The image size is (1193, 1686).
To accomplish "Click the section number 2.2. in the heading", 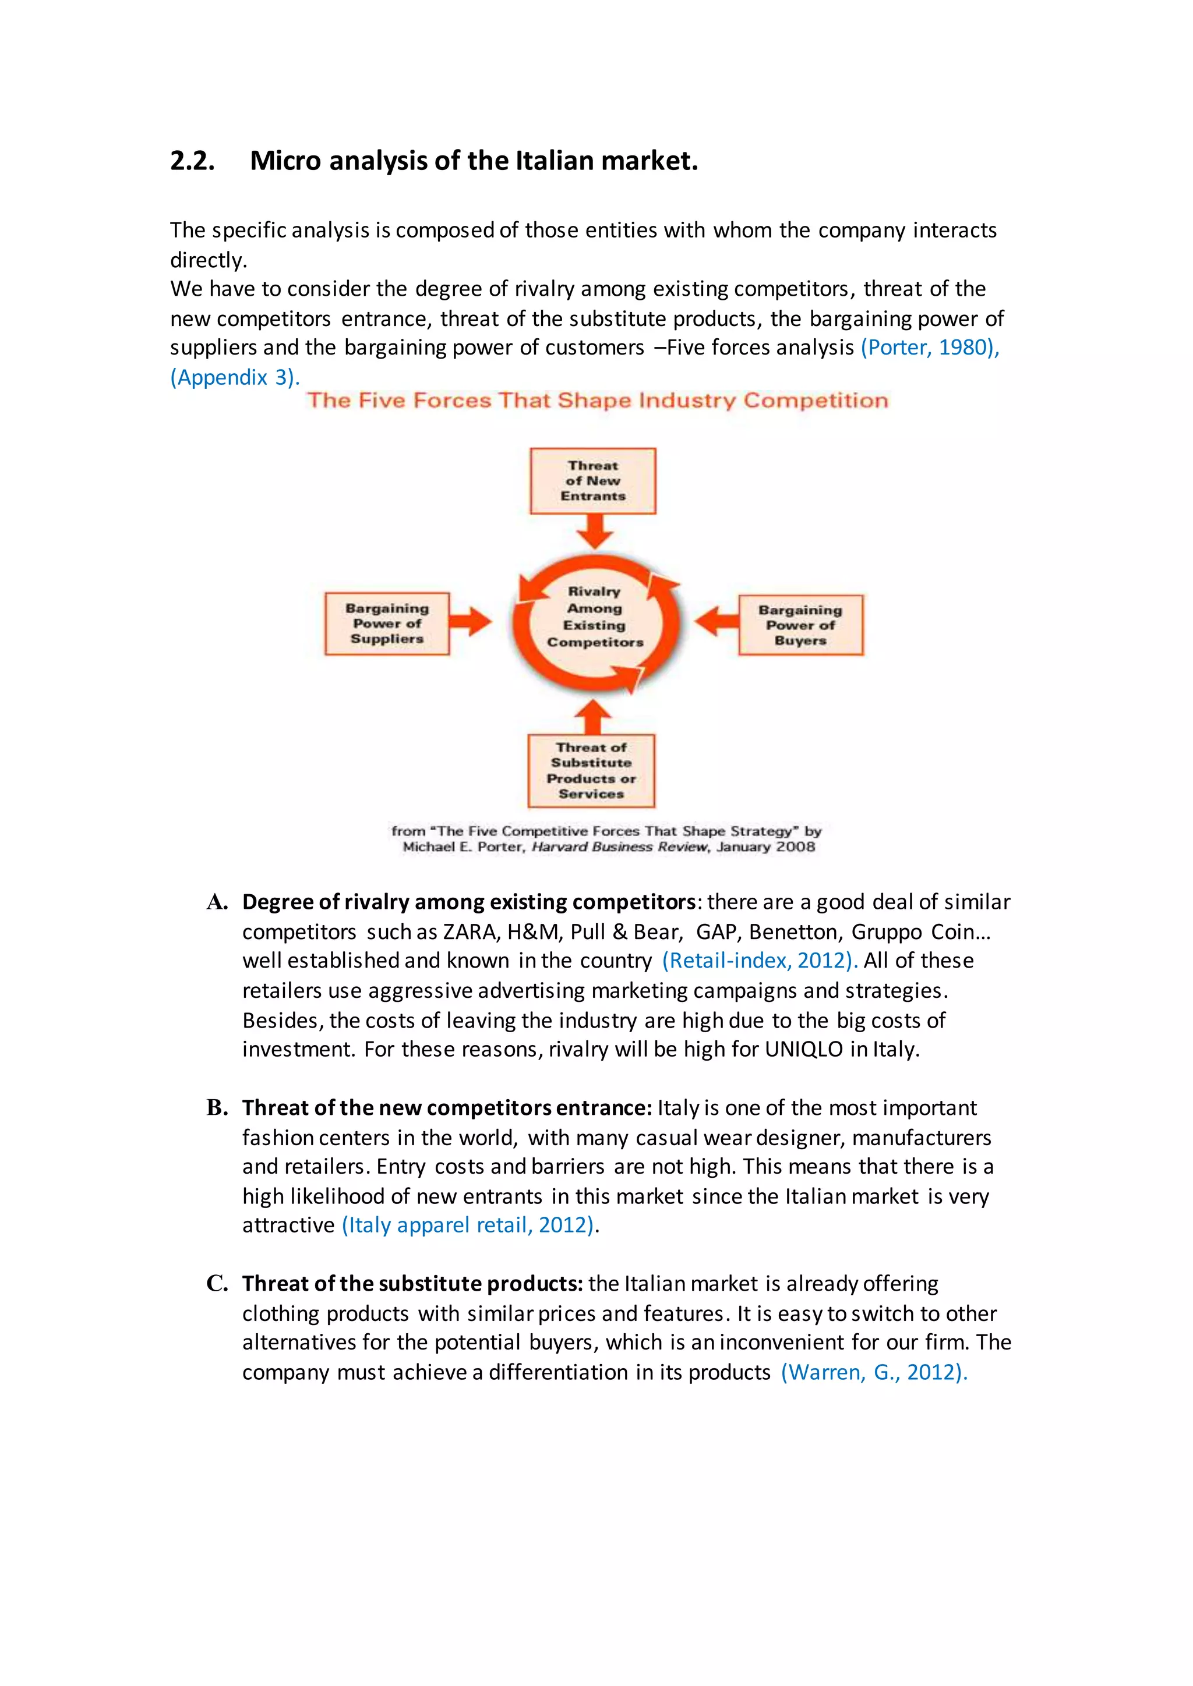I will click(192, 161).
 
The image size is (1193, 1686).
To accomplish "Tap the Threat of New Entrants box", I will click(593, 481).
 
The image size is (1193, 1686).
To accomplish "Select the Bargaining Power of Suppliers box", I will click(387, 624).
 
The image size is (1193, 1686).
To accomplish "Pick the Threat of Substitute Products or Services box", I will click(591, 770).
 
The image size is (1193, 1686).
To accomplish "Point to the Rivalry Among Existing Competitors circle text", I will click(594, 617).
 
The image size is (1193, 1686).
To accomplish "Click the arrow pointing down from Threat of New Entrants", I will click(594, 530).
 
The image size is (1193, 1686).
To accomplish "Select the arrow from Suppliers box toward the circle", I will click(470, 621).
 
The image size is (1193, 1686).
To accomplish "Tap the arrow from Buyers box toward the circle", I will click(716, 621).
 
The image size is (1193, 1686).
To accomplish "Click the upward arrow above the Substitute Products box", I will click(593, 717).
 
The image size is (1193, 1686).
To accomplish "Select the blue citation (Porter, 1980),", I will click(929, 348).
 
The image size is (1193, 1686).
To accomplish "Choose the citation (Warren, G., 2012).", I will click(873, 1372).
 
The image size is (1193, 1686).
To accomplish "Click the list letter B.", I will click(217, 1107).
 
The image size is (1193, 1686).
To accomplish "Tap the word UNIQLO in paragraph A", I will click(804, 1049).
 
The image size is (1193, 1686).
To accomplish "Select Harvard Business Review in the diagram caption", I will click(620, 846).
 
